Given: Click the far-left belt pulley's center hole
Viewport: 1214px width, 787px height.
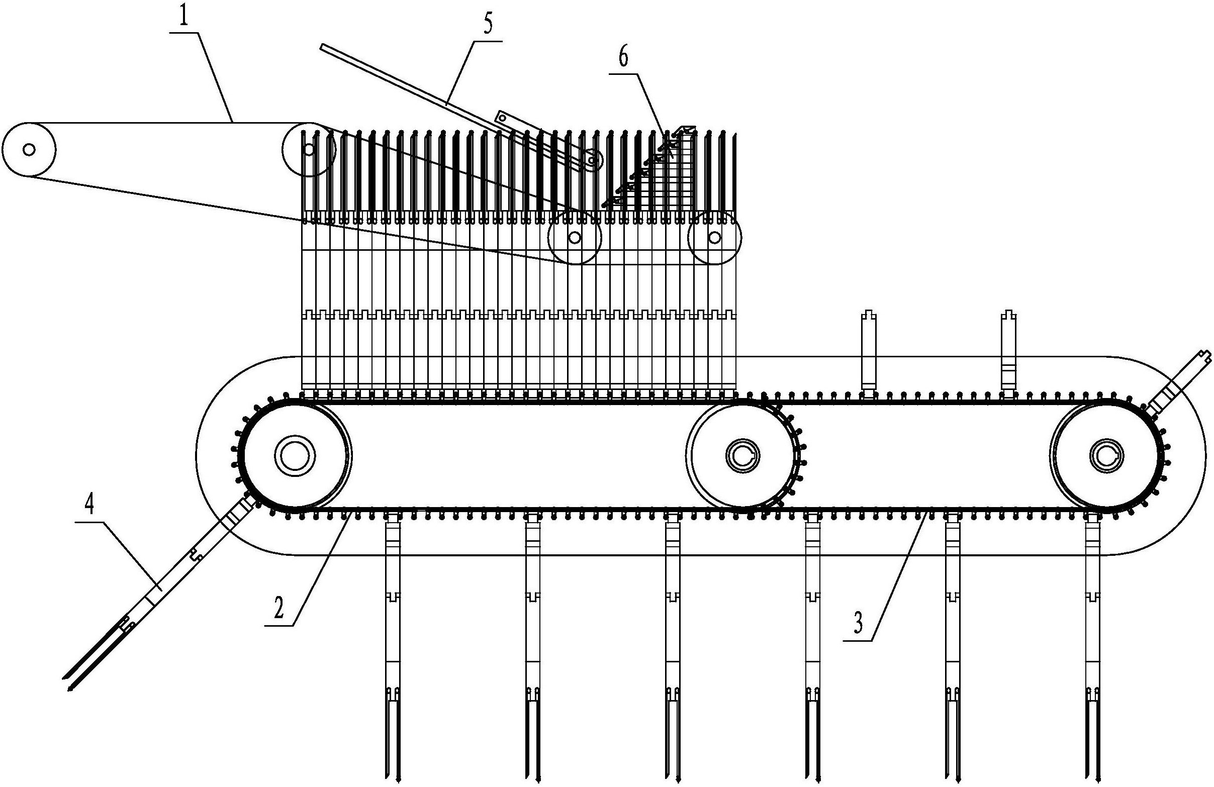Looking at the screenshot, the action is (29, 149).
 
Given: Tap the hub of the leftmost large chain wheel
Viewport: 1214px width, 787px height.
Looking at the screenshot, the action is (294, 456).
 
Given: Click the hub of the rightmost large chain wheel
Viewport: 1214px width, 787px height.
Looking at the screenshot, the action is (1105, 455).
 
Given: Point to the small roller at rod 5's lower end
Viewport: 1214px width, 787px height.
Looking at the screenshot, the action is (592, 160).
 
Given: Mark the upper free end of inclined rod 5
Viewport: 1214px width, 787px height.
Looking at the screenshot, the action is (322, 47).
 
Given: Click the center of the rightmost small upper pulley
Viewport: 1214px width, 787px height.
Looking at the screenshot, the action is (714, 237).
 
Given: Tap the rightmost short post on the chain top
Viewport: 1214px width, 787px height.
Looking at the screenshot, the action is (1009, 351).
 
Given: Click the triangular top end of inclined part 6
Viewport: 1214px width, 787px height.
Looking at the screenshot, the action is (687, 131).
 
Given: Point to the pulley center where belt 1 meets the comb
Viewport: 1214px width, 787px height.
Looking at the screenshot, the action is (309, 149).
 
